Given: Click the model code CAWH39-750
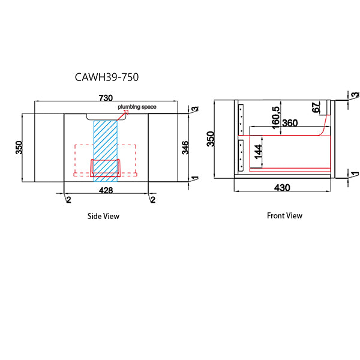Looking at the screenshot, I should point(108,78).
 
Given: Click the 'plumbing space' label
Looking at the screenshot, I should point(137,107).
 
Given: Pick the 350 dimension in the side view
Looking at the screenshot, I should point(19,147).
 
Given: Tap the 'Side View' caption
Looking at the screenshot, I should point(103,216).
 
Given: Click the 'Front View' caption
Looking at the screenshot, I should point(284,215).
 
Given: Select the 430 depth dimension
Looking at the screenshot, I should point(282,188).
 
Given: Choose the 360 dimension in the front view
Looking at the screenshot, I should point(290,123).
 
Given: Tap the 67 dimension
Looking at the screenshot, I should point(316,108).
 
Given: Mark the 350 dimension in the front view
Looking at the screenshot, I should point(211,138).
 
